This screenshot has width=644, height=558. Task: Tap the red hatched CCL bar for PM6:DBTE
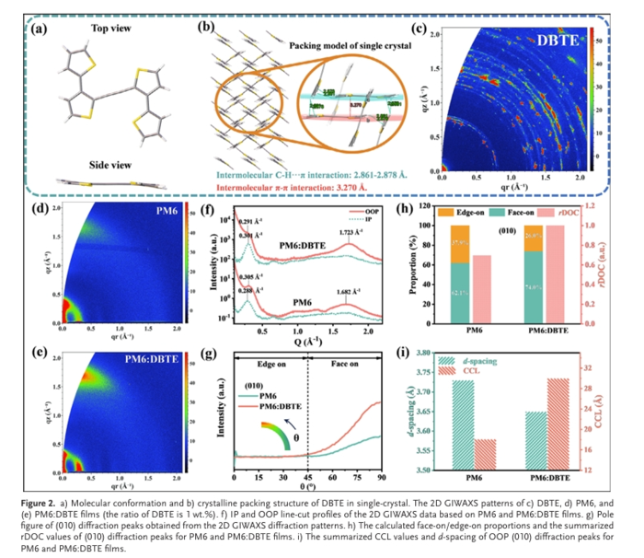tap(559, 424)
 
